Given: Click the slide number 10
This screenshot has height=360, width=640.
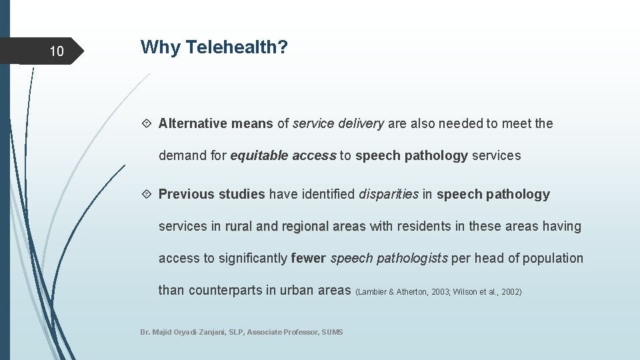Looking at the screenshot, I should point(57,51).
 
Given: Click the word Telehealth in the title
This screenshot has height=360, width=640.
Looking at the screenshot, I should point(237,47).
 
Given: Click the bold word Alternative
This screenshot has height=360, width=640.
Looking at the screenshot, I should point(193,123).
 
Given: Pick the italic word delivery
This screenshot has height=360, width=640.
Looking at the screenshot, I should point(361,123).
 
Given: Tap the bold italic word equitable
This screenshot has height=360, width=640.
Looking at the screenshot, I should point(257,156).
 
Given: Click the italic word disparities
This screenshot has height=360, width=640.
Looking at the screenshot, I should point(389,195).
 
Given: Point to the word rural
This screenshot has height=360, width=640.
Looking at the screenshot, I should point(239,227).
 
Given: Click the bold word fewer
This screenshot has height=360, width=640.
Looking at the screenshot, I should point(309,258).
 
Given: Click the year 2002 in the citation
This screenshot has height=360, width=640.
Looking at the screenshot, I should point(510,292).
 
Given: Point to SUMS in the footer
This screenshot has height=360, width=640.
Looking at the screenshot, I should point(332,332).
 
